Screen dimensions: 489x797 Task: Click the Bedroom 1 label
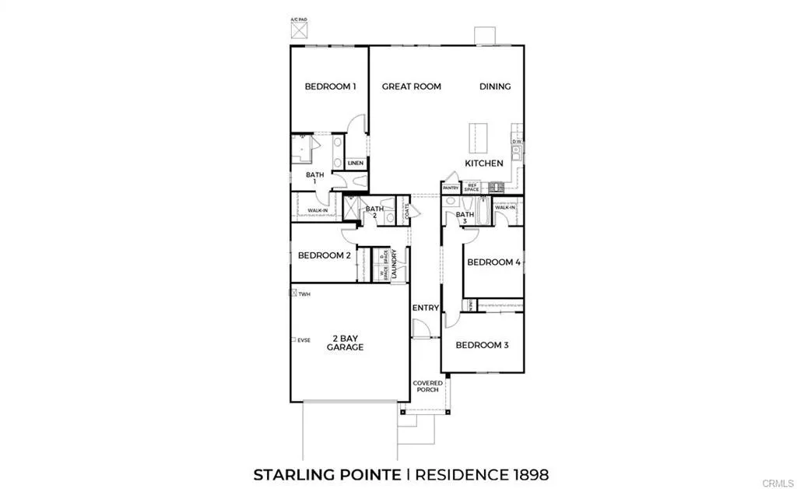(x=330, y=86)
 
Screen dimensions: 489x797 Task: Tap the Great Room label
(x=411, y=86)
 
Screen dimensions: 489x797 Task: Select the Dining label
(x=495, y=86)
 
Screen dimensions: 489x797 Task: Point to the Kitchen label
(x=484, y=164)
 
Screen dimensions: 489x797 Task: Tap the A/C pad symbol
(x=298, y=30)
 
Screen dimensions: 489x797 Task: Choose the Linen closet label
(x=356, y=164)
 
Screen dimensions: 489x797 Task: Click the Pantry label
(x=451, y=188)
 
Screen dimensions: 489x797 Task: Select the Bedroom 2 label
(x=325, y=255)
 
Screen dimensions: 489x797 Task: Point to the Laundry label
(x=395, y=264)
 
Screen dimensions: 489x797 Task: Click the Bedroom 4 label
(x=493, y=262)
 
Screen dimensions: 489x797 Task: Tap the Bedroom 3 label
(x=482, y=345)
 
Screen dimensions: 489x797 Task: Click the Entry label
(x=427, y=308)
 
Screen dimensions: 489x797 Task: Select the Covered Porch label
(x=427, y=387)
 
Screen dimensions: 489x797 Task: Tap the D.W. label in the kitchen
(x=516, y=142)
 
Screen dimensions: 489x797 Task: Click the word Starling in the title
(x=290, y=474)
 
